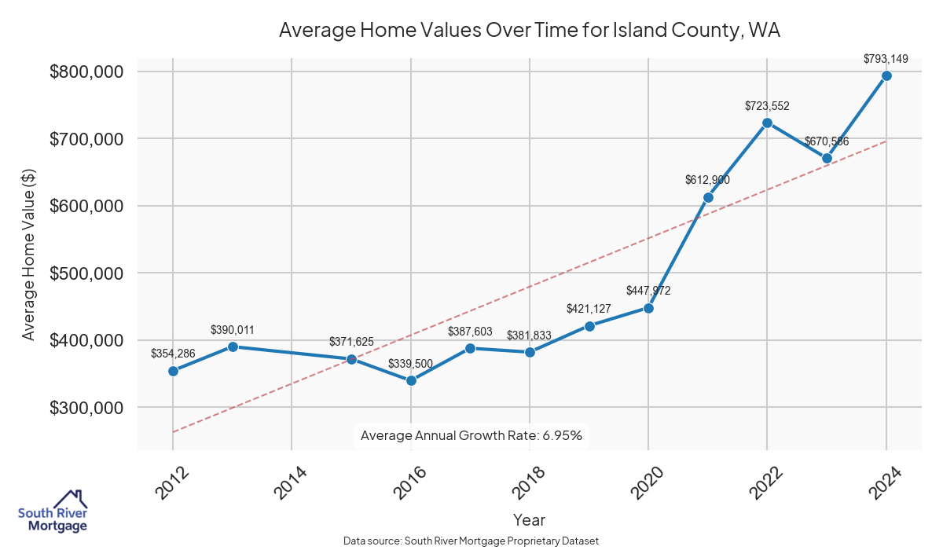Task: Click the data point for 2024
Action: click(x=886, y=75)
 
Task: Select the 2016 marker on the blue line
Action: click(x=411, y=380)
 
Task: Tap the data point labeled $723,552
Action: click(x=767, y=123)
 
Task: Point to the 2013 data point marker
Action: click(x=233, y=346)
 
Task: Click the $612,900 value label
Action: click(x=707, y=180)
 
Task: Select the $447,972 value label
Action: click(x=648, y=290)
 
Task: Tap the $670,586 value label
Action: click(x=826, y=141)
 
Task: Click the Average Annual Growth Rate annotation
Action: click(x=472, y=435)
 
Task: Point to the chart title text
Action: click(x=529, y=31)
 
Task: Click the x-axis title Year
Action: click(x=529, y=519)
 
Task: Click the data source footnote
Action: click(x=472, y=541)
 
